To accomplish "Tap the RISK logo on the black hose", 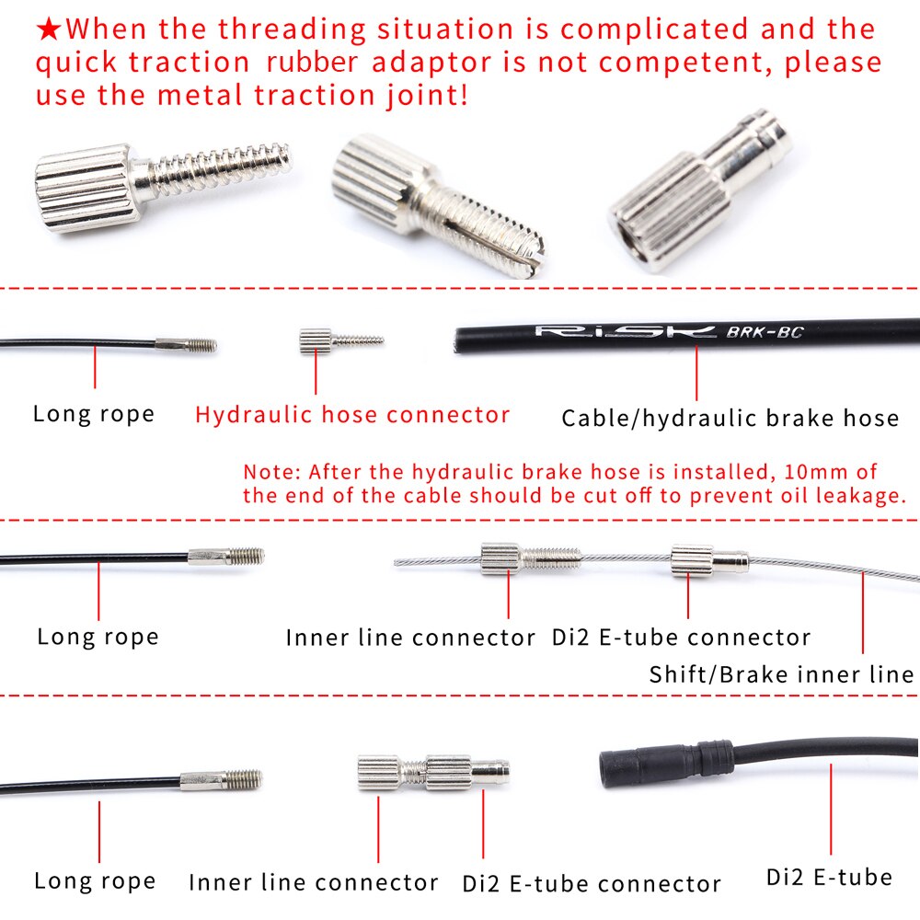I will [x=626, y=331].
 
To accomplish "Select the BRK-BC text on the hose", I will [x=765, y=332].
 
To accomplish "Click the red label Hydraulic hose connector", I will [x=352, y=415].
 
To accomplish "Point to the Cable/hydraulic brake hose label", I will [x=730, y=419].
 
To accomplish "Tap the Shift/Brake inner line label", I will [x=781, y=674].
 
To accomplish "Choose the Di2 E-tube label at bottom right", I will [x=829, y=877].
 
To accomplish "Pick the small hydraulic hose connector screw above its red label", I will [x=339, y=340].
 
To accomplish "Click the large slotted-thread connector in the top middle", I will [x=432, y=202].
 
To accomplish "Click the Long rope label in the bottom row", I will [x=95, y=880].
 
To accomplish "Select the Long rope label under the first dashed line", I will [x=94, y=414].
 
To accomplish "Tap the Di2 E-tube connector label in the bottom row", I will [x=592, y=885].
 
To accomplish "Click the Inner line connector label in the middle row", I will [x=410, y=638].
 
